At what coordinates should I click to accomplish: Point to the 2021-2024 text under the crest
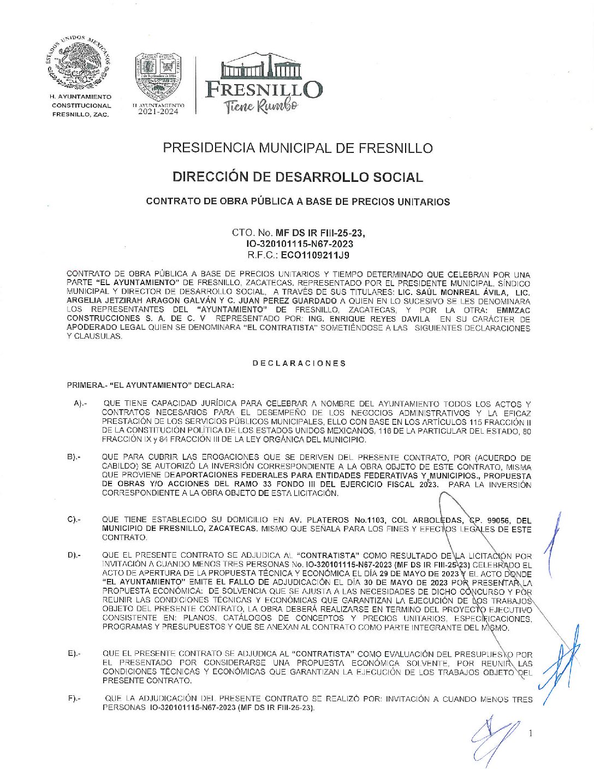coord(158,111)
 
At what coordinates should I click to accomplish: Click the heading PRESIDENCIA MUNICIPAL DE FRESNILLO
coord(298,148)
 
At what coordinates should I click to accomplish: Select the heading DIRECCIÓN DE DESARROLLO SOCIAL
coord(298,177)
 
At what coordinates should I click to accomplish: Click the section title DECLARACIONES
coord(299,363)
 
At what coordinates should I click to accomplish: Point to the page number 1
coord(530,733)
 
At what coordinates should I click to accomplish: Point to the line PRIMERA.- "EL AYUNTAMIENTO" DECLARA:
coord(150,385)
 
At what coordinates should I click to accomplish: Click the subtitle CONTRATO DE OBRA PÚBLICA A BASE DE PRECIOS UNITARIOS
coord(298,202)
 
